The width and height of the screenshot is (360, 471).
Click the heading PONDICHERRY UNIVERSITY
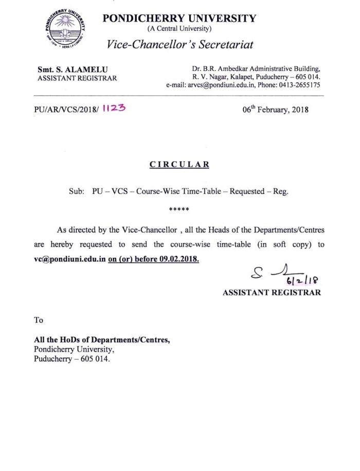point(179,19)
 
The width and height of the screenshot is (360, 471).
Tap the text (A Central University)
point(179,29)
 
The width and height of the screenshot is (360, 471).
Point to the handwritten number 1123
point(114,109)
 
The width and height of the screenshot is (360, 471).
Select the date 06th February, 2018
point(276,110)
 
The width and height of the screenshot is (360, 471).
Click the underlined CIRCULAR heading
point(179,165)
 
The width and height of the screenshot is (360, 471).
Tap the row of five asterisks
point(179,210)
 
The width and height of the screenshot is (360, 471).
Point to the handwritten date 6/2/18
point(305,280)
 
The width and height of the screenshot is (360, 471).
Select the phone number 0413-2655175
point(298,85)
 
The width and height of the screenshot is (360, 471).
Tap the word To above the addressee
point(39,320)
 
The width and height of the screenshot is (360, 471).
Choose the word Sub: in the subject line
point(76,191)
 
